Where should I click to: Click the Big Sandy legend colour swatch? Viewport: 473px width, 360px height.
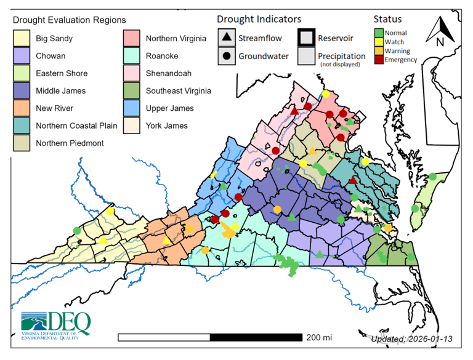pyautogui.click(x=23, y=39)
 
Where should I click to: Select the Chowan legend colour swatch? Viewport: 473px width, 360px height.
pyautogui.click(x=23, y=56)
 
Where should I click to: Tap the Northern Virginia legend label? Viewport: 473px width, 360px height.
pyautogui.click(x=176, y=39)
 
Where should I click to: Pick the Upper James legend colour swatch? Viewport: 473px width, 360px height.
pyautogui.click(x=132, y=108)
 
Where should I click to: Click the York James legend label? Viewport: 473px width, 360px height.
pyautogui.click(x=167, y=126)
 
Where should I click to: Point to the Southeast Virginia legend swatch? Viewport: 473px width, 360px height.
pyautogui.click(x=132, y=91)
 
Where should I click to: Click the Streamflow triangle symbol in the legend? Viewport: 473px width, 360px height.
pyautogui.click(x=227, y=38)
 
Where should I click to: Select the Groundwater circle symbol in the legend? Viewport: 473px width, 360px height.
pyautogui.click(x=227, y=56)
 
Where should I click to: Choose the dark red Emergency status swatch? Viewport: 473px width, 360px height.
pyautogui.click(x=379, y=60)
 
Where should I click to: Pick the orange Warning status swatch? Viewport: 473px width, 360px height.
pyautogui.click(x=379, y=51)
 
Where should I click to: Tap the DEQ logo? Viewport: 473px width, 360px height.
pyautogui.click(x=56, y=323)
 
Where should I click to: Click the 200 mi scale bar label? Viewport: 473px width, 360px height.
pyautogui.click(x=318, y=337)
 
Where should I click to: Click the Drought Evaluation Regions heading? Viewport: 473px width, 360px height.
pyautogui.click(x=69, y=21)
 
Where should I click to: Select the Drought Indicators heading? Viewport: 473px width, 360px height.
pyautogui.click(x=259, y=20)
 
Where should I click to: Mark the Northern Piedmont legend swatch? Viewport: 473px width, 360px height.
pyautogui.click(x=23, y=143)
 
